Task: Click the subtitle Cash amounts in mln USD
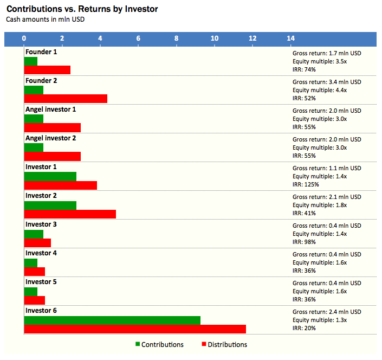[45, 19]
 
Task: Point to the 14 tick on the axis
[291, 38]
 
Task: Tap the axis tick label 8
[177, 38]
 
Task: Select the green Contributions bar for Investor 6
[112, 320]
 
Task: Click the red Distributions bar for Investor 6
[135, 329]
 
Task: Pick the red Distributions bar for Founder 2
[66, 99]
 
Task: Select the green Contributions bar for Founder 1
[31, 61]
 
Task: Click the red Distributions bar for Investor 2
[70, 214]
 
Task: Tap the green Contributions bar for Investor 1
[50, 176]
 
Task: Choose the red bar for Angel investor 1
[53, 127]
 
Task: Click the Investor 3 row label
[41, 224]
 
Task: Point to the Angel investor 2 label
[51, 138]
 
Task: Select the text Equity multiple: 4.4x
[320, 90]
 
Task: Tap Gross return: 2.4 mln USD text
[327, 312]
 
